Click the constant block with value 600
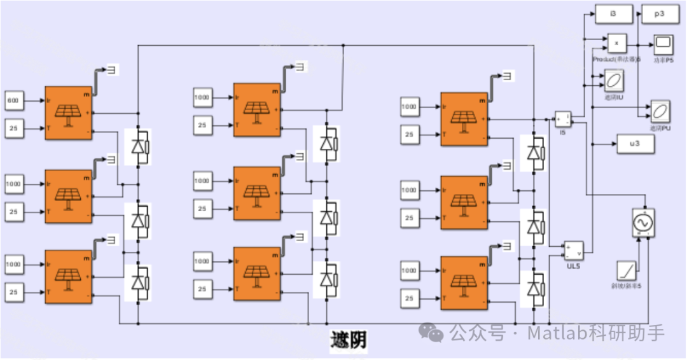15,100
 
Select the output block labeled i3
614,13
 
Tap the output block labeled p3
660,13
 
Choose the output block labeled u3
635,144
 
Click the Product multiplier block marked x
616,43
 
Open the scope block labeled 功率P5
663,45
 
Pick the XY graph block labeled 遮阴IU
614,81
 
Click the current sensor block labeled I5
562,119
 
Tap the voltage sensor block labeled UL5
574,251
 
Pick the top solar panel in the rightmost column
464,120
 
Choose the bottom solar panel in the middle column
256,275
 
